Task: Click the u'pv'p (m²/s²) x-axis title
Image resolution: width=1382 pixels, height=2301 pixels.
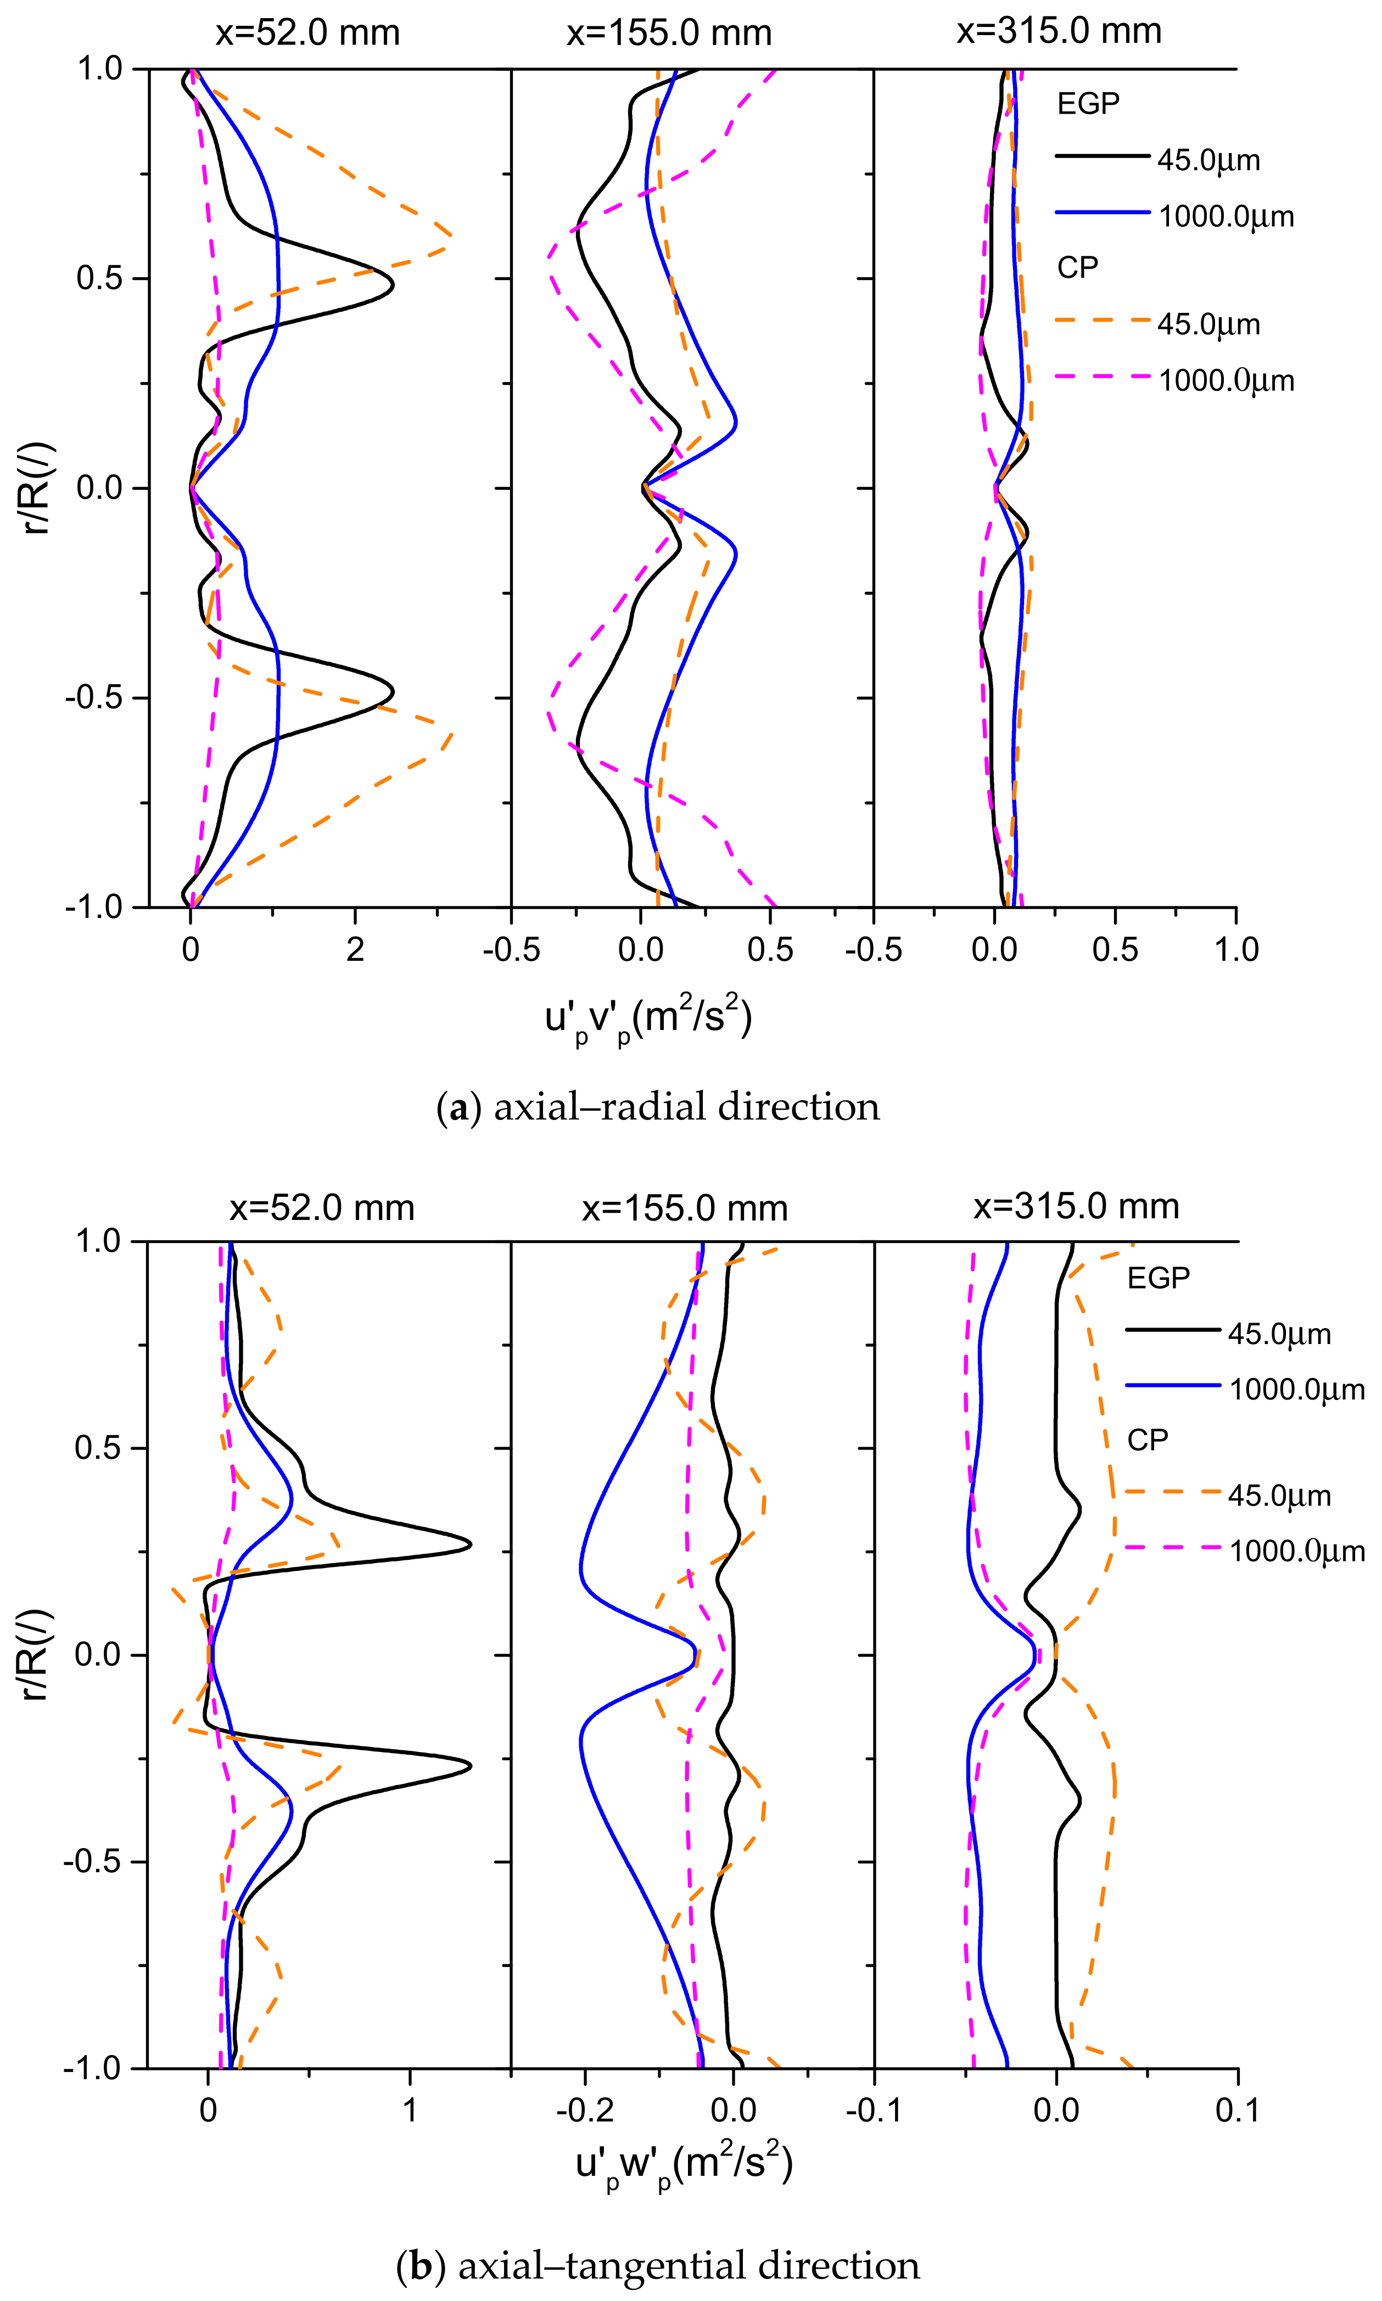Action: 648,1019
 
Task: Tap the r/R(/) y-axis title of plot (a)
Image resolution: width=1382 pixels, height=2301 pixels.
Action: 37,488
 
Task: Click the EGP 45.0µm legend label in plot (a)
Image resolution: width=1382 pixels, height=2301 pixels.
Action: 1208,160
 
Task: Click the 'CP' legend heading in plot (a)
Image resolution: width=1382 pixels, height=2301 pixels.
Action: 1077,268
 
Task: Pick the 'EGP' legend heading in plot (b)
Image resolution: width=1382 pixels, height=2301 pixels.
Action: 1157,1278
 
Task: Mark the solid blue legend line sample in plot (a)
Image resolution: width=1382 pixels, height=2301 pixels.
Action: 1101,213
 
